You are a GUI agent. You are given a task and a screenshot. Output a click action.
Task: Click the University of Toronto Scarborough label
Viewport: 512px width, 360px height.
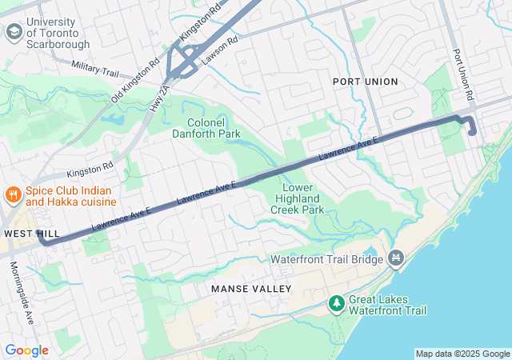58,33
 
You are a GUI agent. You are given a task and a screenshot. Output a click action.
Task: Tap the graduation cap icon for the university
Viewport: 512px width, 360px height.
14,32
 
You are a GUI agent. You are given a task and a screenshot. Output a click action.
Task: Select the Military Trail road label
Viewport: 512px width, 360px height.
94,69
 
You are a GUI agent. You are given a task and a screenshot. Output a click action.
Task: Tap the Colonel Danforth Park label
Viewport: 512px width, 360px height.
206,128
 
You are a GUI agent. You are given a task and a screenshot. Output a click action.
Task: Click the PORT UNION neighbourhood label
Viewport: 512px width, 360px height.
366,81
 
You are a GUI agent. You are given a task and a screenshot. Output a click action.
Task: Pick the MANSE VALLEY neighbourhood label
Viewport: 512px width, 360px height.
251,287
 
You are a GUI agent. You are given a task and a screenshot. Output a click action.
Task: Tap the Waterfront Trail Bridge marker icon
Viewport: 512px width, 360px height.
394,258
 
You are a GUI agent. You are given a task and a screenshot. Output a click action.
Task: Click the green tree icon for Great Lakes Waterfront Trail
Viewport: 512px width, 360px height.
337,304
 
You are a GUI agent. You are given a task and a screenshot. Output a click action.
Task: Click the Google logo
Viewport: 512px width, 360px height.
26,350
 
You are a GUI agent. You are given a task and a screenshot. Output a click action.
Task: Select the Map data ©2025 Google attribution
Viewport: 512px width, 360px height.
462,354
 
